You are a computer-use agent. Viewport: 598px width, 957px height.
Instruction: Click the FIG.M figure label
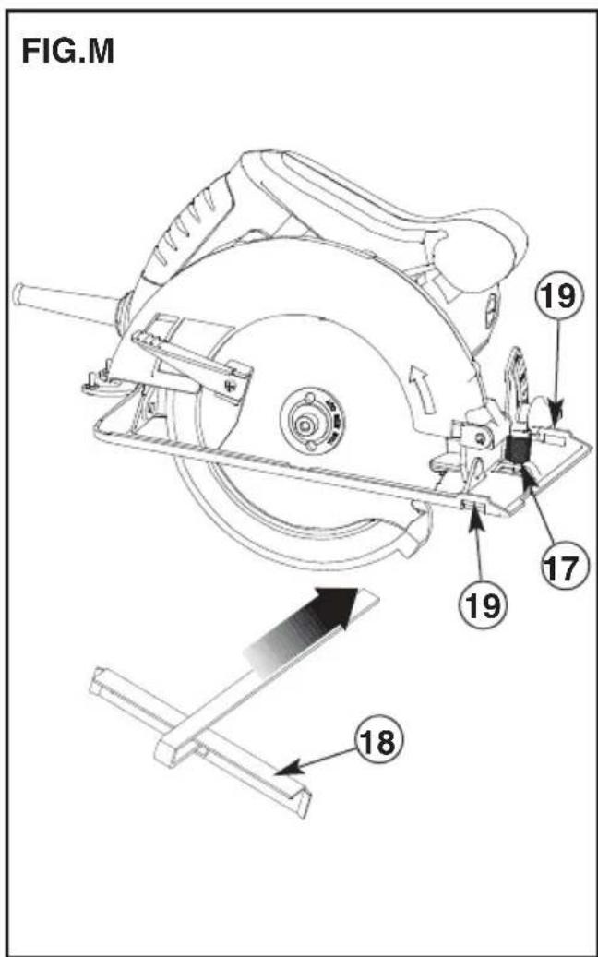tap(67, 52)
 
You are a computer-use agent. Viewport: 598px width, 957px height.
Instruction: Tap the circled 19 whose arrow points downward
tap(556, 297)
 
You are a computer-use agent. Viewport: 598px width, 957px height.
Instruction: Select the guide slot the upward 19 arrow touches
tap(474, 504)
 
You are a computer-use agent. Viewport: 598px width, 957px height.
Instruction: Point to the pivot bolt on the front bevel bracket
tap(482, 437)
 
